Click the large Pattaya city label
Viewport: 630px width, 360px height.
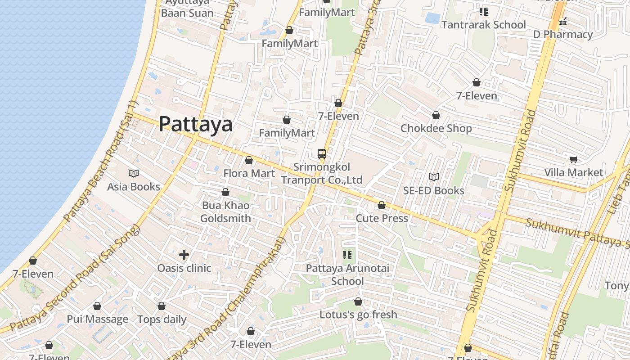coord(196,124)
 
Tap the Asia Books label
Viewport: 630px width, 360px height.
coord(134,186)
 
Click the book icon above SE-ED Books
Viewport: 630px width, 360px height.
coord(433,177)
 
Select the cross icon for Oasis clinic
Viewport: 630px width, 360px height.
coord(184,255)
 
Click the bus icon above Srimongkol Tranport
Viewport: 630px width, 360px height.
coord(321,154)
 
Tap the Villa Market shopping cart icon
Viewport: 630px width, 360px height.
coord(573,159)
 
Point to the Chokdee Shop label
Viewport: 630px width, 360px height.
coord(436,128)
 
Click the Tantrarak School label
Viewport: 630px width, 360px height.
coord(483,25)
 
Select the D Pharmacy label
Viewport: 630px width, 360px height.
coord(563,34)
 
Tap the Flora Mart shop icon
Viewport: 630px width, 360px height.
coord(248,160)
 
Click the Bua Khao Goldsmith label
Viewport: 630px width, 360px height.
coord(225,212)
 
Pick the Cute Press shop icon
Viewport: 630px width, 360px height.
coord(382,205)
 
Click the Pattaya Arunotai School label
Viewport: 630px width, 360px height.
coord(347,274)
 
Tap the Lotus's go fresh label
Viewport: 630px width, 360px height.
coord(358,315)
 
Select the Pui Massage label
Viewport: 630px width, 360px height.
coord(97,319)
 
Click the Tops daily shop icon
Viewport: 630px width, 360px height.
coord(161,306)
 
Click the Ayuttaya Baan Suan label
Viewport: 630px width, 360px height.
coord(187,8)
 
